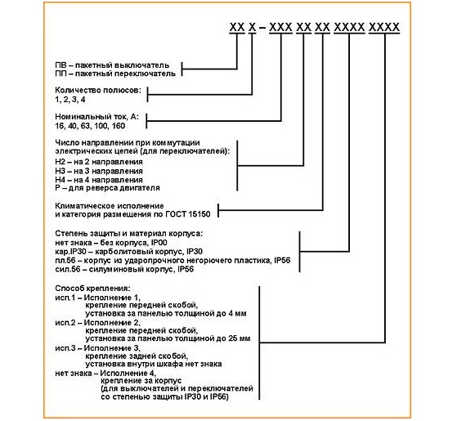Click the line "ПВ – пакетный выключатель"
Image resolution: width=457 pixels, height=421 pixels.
point(112,65)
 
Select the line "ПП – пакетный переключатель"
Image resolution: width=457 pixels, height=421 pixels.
point(115,74)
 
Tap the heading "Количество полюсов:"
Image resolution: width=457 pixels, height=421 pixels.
point(98,90)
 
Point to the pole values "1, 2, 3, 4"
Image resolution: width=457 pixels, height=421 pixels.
point(70,100)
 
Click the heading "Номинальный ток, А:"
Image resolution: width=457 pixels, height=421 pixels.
point(96,117)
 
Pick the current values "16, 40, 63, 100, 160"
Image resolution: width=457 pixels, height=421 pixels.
point(90,126)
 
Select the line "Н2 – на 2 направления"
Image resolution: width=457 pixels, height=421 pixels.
point(99,162)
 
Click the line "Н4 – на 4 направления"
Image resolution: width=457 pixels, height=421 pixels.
point(99,180)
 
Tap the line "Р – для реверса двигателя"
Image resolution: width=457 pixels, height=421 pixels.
point(107,188)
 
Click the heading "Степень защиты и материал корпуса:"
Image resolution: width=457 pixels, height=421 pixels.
point(128,234)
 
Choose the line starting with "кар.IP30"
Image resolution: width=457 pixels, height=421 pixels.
point(128,252)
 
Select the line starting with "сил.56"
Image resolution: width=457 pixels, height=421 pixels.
point(124,269)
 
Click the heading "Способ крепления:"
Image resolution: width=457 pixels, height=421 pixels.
point(92,289)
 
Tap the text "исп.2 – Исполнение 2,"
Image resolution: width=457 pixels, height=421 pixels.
point(97,323)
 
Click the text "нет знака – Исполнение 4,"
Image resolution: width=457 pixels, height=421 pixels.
point(105,374)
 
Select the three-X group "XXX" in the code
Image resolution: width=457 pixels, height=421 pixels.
point(280,28)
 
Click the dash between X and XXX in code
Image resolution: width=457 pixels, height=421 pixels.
point(262,28)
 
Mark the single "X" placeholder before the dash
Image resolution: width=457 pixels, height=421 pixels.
point(252,28)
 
